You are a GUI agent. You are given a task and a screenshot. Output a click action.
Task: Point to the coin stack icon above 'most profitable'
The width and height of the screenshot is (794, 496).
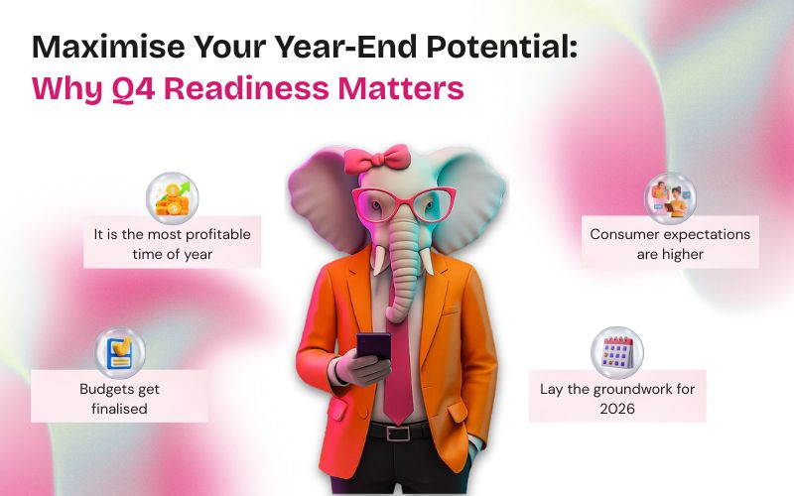[x=172, y=198]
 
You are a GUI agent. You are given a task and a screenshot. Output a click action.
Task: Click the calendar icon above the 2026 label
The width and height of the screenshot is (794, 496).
[x=617, y=352]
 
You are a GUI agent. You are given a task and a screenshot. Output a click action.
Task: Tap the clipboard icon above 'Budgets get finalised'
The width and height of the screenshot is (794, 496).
[x=120, y=353]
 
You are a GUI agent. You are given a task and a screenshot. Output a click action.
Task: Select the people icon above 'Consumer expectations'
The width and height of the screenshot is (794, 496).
[x=670, y=198]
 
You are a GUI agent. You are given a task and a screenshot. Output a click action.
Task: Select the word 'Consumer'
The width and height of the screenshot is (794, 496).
[x=624, y=235]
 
